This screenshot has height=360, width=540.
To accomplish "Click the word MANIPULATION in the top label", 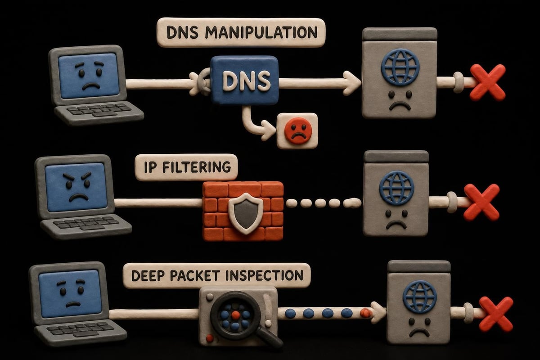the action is pyautogui.click(x=261, y=32).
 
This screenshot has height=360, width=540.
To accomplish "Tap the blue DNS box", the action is pyautogui.click(x=244, y=81).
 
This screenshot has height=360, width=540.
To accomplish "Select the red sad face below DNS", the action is pyautogui.click(x=298, y=130).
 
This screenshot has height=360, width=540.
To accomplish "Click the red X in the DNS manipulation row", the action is pyautogui.click(x=487, y=82).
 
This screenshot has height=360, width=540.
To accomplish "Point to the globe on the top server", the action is pyautogui.click(x=400, y=67).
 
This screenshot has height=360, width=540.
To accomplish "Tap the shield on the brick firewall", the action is pyautogui.click(x=246, y=213).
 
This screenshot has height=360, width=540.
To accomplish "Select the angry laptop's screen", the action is pyautogui.click(x=76, y=187).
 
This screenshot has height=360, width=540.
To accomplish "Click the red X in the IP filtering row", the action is pyautogui.click(x=481, y=202).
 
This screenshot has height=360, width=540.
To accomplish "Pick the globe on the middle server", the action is pyautogui.click(x=397, y=188).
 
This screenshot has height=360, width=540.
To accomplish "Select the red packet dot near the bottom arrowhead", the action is pyautogui.click(x=365, y=313).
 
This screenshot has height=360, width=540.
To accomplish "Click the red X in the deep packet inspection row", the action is pyautogui.click(x=496, y=315).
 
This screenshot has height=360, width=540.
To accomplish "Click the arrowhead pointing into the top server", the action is pyautogui.click(x=352, y=83).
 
